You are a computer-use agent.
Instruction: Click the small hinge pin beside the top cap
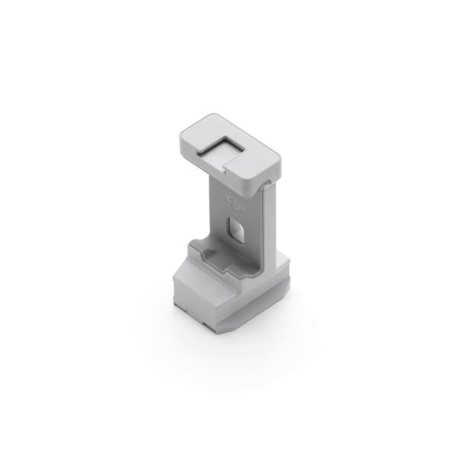click(x=263, y=184)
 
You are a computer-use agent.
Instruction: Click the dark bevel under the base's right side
click(x=279, y=296)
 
